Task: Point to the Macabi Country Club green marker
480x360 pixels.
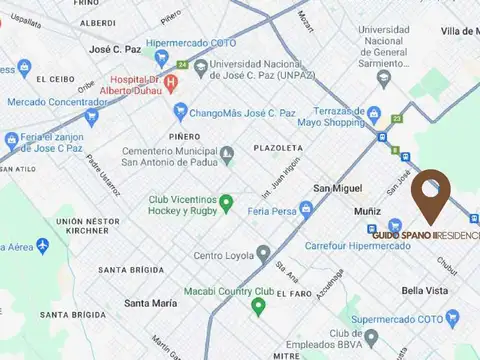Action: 258,305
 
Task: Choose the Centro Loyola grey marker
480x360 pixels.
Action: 263,254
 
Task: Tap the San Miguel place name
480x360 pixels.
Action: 337,188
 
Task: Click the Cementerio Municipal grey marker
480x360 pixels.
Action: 228,155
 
